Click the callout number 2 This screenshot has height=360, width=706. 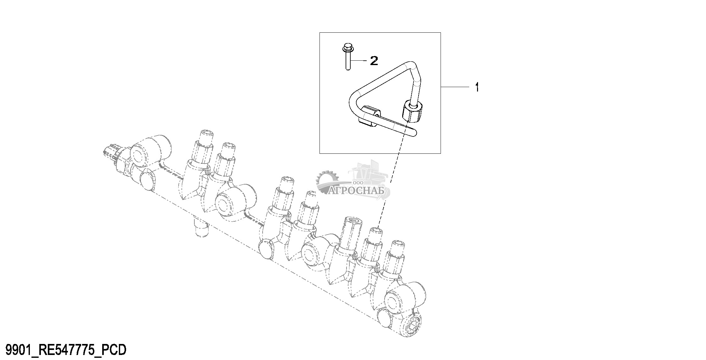click(374, 61)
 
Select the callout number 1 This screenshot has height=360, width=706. click(477, 87)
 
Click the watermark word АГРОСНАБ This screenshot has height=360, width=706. click(356, 190)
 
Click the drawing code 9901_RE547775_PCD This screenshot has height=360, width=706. click(64, 349)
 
